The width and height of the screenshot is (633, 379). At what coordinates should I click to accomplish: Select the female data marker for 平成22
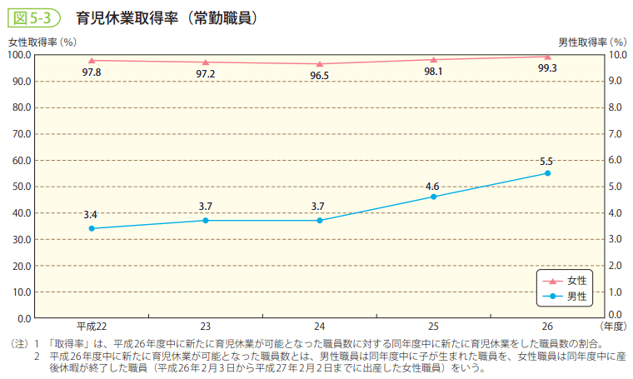coord(92,60)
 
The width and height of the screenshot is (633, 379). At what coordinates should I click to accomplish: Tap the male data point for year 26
coord(547,173)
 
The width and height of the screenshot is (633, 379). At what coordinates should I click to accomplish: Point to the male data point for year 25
coord(433,197)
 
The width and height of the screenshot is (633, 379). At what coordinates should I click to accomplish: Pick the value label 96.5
coord(319,75)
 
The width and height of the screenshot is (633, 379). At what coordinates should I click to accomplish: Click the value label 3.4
coord(91,216)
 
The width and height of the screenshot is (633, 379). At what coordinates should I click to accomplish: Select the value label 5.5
coord(547,161)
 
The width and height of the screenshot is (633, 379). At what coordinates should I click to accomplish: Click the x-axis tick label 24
coord(319,326)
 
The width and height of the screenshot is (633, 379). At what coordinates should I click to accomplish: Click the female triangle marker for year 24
coord(319,63)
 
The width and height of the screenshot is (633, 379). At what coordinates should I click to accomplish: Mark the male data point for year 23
coord(205,220)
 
